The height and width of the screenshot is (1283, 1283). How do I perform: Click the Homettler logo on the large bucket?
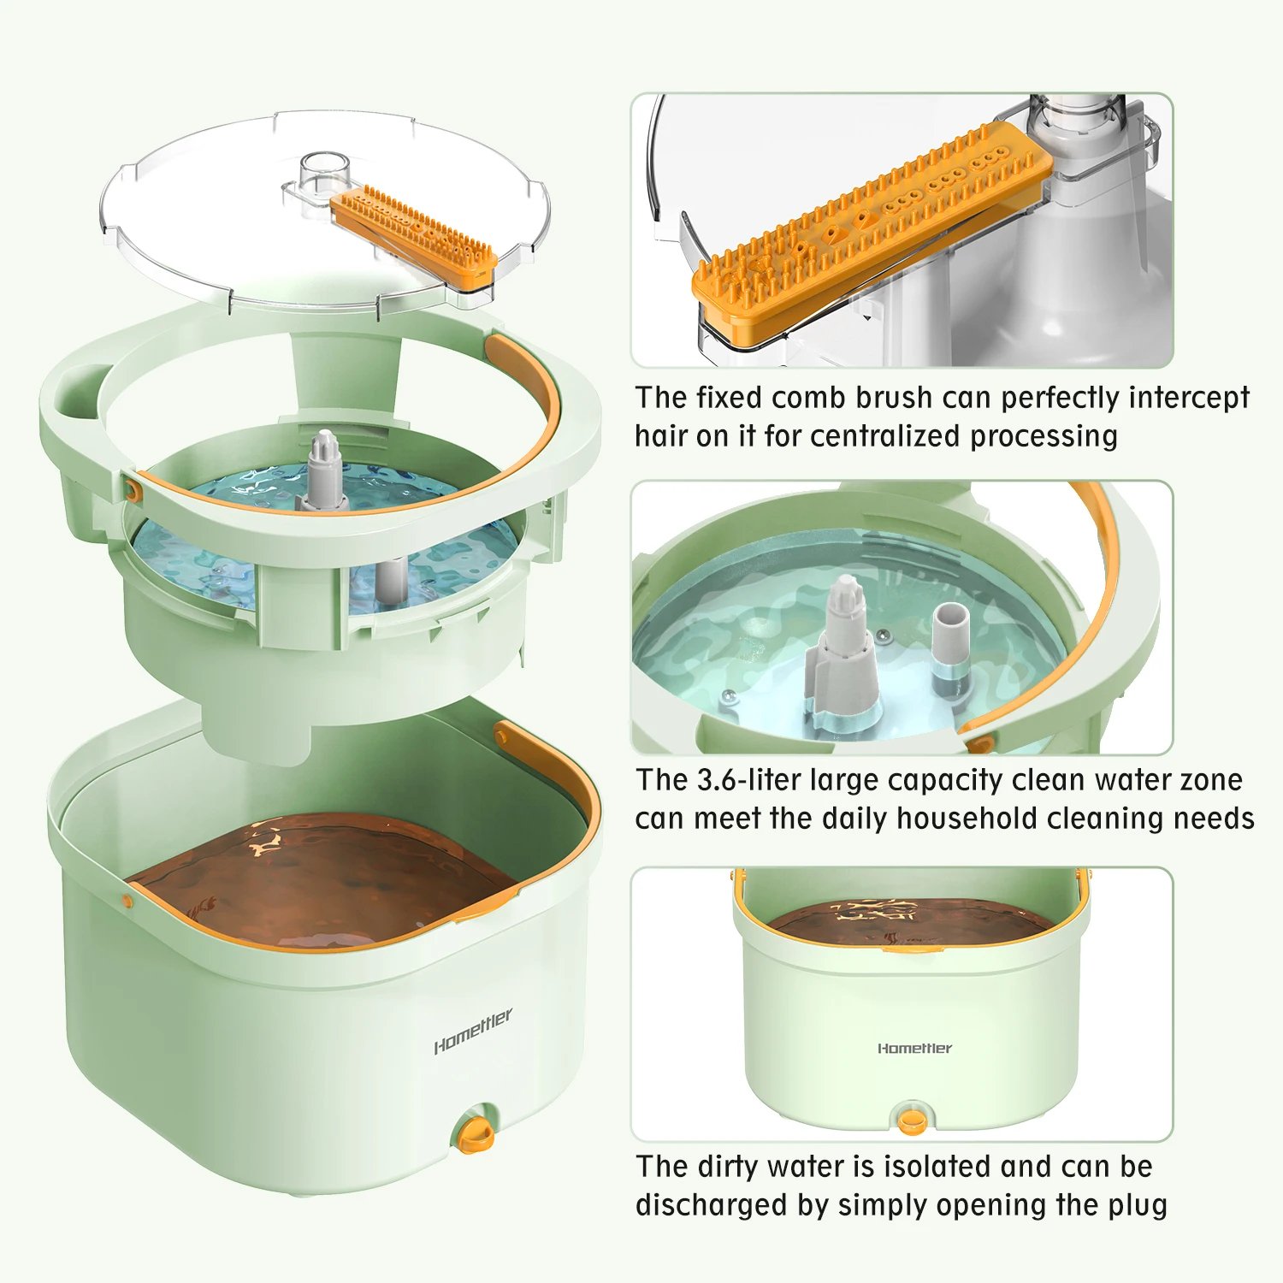pos(473,1032)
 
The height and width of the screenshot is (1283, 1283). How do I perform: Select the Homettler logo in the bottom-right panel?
pos(914,1048)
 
